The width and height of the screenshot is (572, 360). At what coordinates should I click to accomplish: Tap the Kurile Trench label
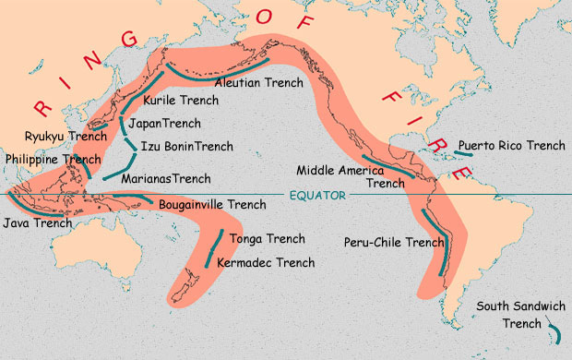tap(180, 101)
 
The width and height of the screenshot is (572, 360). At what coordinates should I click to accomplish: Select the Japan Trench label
tap(164, 123)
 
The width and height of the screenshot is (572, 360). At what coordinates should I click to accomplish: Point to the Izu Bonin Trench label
tap(185, 146)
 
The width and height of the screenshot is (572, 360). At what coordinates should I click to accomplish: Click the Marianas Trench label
tap(167, 178)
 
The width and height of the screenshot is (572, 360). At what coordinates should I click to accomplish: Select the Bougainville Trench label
tap(212, 204)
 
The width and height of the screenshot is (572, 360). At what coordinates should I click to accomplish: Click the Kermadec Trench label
tap(265, 263)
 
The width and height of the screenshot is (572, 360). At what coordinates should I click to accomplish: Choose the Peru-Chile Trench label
tap(394, 243)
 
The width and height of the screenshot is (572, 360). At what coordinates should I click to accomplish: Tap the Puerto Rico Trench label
tap(511, 146)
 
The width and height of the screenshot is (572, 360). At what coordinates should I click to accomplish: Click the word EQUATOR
tap(316, 196)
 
